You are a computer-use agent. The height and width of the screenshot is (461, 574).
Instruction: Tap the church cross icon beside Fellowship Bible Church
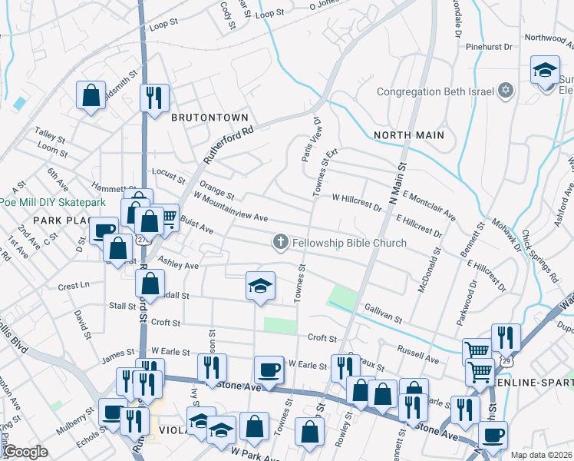point(281,243)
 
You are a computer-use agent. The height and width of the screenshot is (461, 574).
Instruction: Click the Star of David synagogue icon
point(505,92)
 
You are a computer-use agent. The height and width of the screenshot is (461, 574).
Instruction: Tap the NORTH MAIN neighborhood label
point(409,135)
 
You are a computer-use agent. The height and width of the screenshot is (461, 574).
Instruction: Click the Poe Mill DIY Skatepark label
point(52,202)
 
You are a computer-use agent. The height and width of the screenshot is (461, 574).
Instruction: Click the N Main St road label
point(398,184)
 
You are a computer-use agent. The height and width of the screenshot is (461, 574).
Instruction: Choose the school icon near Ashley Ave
point(260,286)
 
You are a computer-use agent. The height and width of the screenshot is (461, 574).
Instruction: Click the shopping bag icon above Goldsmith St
point(91,96)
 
